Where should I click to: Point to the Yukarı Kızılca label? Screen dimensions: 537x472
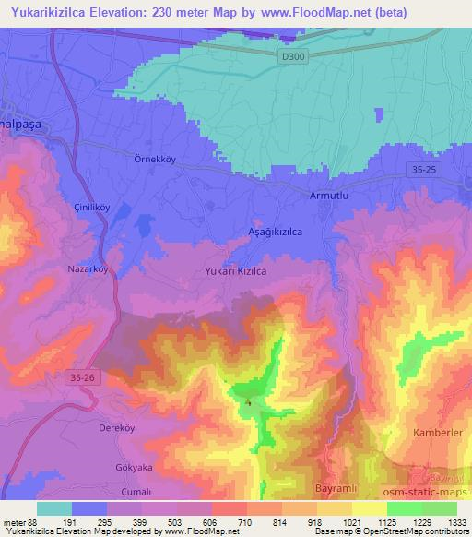coord(235,271)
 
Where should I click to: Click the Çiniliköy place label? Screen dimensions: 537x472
coord(92,208)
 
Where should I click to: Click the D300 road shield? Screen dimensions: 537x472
coord(292,56)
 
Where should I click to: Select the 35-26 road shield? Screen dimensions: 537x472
coord(82,377)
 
